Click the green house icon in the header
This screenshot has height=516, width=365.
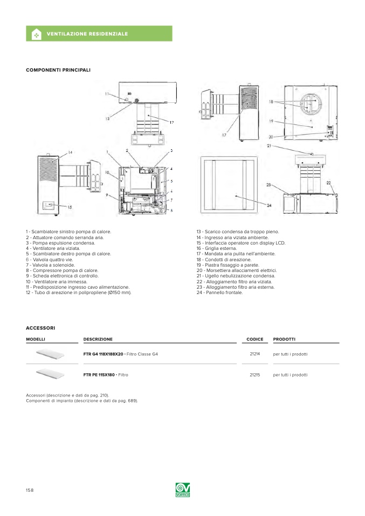(36, 34)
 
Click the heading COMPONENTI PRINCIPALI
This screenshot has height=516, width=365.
(58, 70)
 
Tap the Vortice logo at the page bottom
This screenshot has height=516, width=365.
(183, 490)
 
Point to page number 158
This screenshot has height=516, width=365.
(30, 490)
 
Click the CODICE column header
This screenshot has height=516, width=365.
(254, 339)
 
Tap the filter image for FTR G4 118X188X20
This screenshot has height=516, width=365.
(50, 354)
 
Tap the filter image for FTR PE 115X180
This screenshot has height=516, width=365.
(50, 373)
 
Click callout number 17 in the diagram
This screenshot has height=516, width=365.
(224, 135)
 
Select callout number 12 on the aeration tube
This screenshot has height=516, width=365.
(171, 122)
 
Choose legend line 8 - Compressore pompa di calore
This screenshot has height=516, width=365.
(62, 270)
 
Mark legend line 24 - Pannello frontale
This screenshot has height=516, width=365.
(219, 292)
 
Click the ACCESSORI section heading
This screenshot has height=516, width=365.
(40, 327)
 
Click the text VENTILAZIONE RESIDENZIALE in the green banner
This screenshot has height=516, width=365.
(87, 34)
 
